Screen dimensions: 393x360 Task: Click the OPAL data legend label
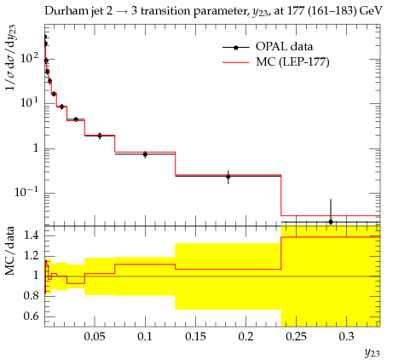point(284,47)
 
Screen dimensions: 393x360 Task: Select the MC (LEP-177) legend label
point(292,61)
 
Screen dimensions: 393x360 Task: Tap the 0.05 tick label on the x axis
point(95,337)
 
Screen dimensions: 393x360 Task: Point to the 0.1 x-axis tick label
point(145,337)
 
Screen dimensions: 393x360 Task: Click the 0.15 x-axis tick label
point(195,337)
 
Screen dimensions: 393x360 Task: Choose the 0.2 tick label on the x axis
point(246,337)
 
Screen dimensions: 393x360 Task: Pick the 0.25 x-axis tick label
point(296,337)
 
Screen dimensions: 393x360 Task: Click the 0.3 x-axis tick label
point(346,337)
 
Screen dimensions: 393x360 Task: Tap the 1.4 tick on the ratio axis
point(31,235)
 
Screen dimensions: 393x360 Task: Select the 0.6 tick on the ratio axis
point(31,316)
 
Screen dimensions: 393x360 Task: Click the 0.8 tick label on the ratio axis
point(31,296)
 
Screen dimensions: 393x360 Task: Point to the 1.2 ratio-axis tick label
point(31,255)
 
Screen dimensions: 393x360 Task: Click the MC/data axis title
point(9,251)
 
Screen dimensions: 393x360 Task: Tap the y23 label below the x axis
point(372,353)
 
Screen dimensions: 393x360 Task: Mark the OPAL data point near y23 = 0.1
point(145,154)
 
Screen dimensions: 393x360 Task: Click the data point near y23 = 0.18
point(228,177)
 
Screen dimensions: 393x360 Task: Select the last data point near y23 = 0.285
point(331,222)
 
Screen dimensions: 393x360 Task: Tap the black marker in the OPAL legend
point(236,48)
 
